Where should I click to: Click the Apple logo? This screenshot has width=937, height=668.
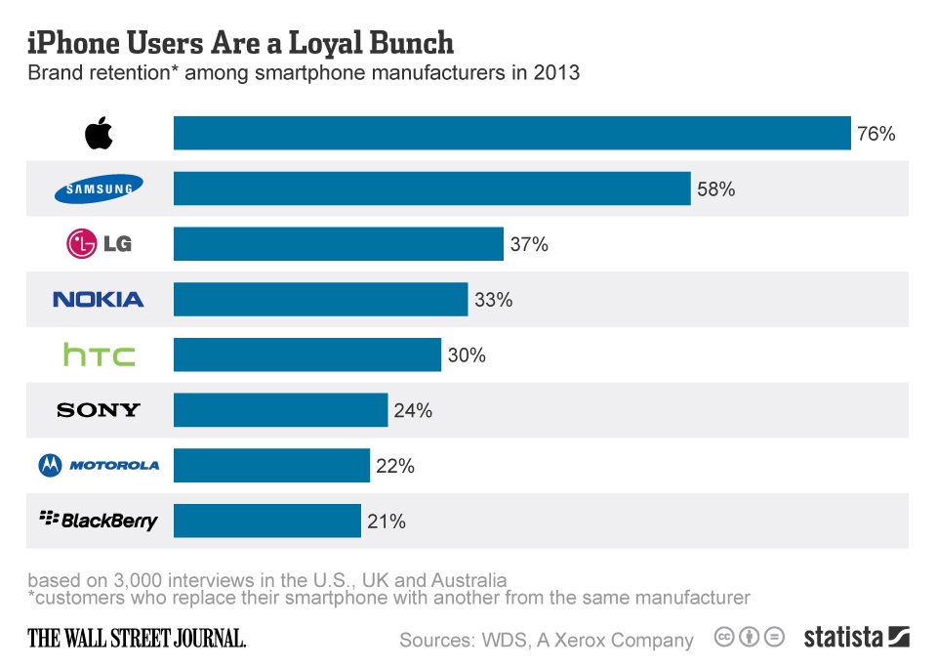point(99,133)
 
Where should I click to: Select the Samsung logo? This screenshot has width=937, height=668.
point(99,188)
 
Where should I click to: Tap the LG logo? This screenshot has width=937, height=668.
point(99,244)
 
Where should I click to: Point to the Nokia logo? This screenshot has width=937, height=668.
point(99,300)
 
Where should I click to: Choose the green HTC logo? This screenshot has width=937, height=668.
point(99,355)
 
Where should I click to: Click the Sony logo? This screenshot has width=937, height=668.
point(99,410)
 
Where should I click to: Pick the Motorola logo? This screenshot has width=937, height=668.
point(99,466)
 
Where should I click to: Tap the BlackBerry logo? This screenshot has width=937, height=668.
point(99,520)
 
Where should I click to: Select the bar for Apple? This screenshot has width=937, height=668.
point(511,133)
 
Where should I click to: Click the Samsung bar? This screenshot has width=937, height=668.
point(431,188)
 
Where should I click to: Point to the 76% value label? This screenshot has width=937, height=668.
point(876,134)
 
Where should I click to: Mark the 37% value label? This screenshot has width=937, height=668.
point(529,245)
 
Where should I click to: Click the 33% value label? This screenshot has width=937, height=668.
point(493,301)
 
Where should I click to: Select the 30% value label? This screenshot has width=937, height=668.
point(467,355)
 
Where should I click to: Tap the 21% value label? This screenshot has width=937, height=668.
point(387,522)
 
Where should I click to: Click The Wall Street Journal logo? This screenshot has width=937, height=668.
point(137,639)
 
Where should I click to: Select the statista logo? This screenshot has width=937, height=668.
point(856,638)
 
